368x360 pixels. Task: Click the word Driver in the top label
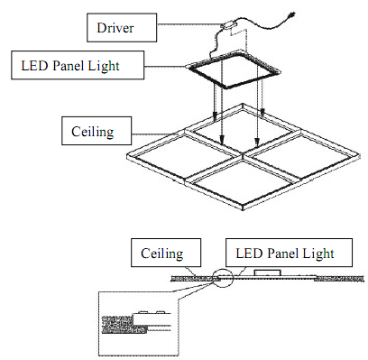[115, 28]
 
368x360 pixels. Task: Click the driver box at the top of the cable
[229, 24]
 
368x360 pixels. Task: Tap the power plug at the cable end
[291, 14]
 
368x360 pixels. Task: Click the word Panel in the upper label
[68, 66]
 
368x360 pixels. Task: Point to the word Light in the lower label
[318, 254]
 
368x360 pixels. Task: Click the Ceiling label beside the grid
[93, 132]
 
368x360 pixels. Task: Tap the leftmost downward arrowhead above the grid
[215, 115]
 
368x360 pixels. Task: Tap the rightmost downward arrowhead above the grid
[262, 113]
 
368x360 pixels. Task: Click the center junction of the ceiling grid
[243, 155]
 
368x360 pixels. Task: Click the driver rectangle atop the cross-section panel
[268, 272]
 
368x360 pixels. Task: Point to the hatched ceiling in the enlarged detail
[124, 324]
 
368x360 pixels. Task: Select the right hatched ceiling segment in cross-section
[339, 280]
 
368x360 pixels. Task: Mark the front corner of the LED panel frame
[226, 88]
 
